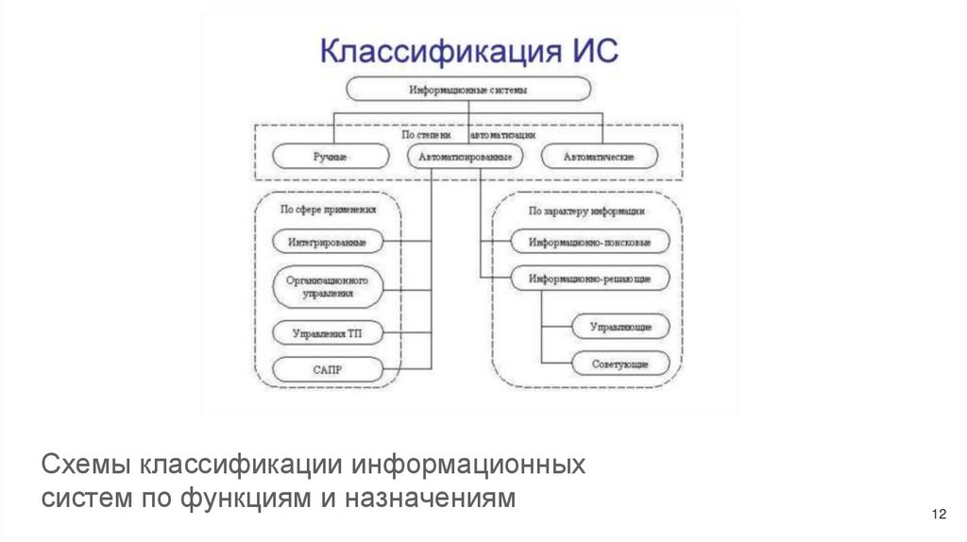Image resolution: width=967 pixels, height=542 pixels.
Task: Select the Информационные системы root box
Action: pyautogui.click(x=468, y=89)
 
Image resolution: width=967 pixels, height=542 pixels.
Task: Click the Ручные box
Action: pyautogui.click(x=330, y=156)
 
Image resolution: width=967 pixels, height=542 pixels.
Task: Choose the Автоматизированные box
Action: pyautogui.click(x=467, y=156)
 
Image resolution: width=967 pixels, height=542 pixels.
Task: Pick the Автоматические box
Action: pyautogui.click(x=599, y=156)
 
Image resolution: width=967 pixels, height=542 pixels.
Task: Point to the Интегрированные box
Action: pyautogui.click(x=328, y=242)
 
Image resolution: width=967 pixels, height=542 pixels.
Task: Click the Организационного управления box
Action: pyautogui.click(x=328, y=286)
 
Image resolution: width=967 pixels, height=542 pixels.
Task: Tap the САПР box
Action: pyautogui.click(x=328, y=368)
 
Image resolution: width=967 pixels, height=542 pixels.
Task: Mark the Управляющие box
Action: pyautogui.click(x=620, y=327)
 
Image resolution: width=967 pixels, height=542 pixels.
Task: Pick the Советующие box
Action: pyautogui.click(x=620, y=363)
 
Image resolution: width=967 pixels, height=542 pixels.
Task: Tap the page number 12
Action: pyautogui.click(x=938, y=514)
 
